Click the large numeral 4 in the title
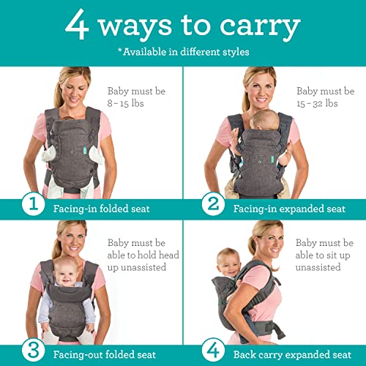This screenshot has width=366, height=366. click(x=77, y=26)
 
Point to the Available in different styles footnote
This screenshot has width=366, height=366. click(x=182, y=52)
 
